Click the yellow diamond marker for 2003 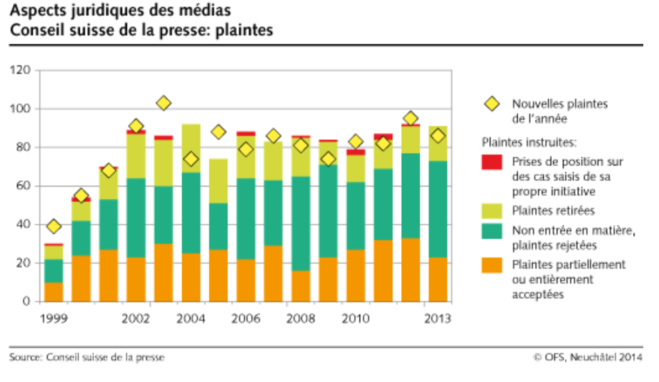pyautogui.click(x=163, y=103)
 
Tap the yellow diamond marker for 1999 pyautogui.click(x=53, y=226)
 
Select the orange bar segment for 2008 pyautogui.click(x=300, y=286)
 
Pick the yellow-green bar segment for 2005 pyautogui.click(x=218, y=181)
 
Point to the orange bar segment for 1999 pyautogui.click(x=53, y=292)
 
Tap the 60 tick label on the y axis pyautogui.click(x=25, y=186)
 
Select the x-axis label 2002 pyautogui.click(x=136, y=318)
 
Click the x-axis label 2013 pyautogui.click(x=438, y=318)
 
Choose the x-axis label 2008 pyautogui.click(x=300, y=318)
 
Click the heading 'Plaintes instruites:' pyautogui.click(x=529, y=143)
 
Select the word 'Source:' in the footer pyautogui.click(x=25, y=357)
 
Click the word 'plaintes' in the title pyautogui.click(x=245, y=31)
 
